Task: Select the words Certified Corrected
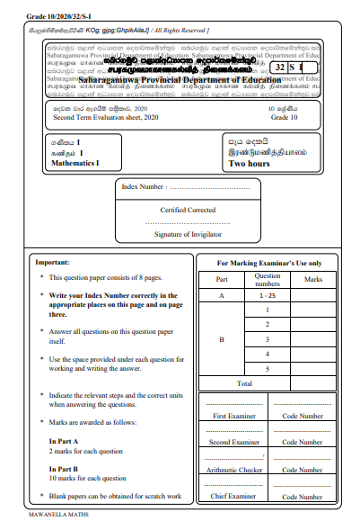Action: click(188, 210)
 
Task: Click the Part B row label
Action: click(221, 339)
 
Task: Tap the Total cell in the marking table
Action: click(243, 382)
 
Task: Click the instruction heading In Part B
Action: click(64, 468)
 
